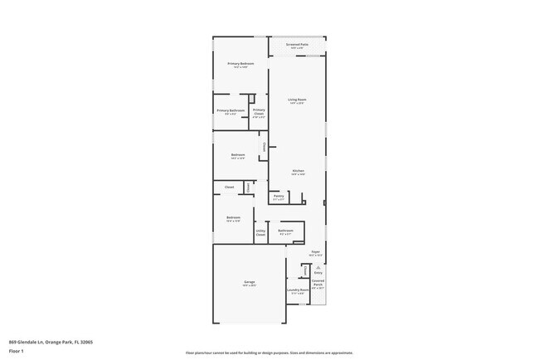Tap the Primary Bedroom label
point(240,64)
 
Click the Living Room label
point(296,100)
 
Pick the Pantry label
point(279,197)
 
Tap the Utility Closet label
point(260,233)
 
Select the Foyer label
point(316,251)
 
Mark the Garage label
point(249,282)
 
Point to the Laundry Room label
point(298,290)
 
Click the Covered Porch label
point(318,282)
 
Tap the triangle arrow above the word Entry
point(318,266)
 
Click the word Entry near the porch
point(318,272)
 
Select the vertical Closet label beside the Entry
point(305,270)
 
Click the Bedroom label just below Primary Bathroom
point(238,155)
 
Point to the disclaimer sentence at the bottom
point(269,353)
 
